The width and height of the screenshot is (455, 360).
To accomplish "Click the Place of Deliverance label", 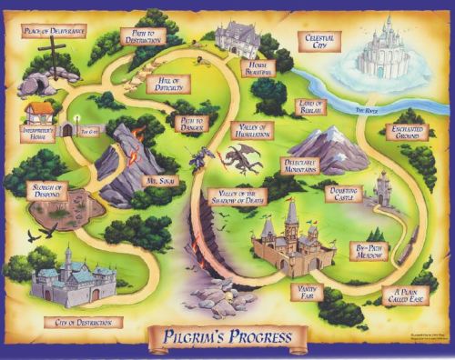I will point(55,32).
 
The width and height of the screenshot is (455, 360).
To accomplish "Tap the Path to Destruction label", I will point(142,36).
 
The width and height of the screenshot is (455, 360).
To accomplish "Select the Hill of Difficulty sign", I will point(167,83).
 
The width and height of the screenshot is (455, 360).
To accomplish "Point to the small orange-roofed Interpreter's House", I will point(38,112).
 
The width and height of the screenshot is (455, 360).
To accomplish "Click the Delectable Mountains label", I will point(300,165).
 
